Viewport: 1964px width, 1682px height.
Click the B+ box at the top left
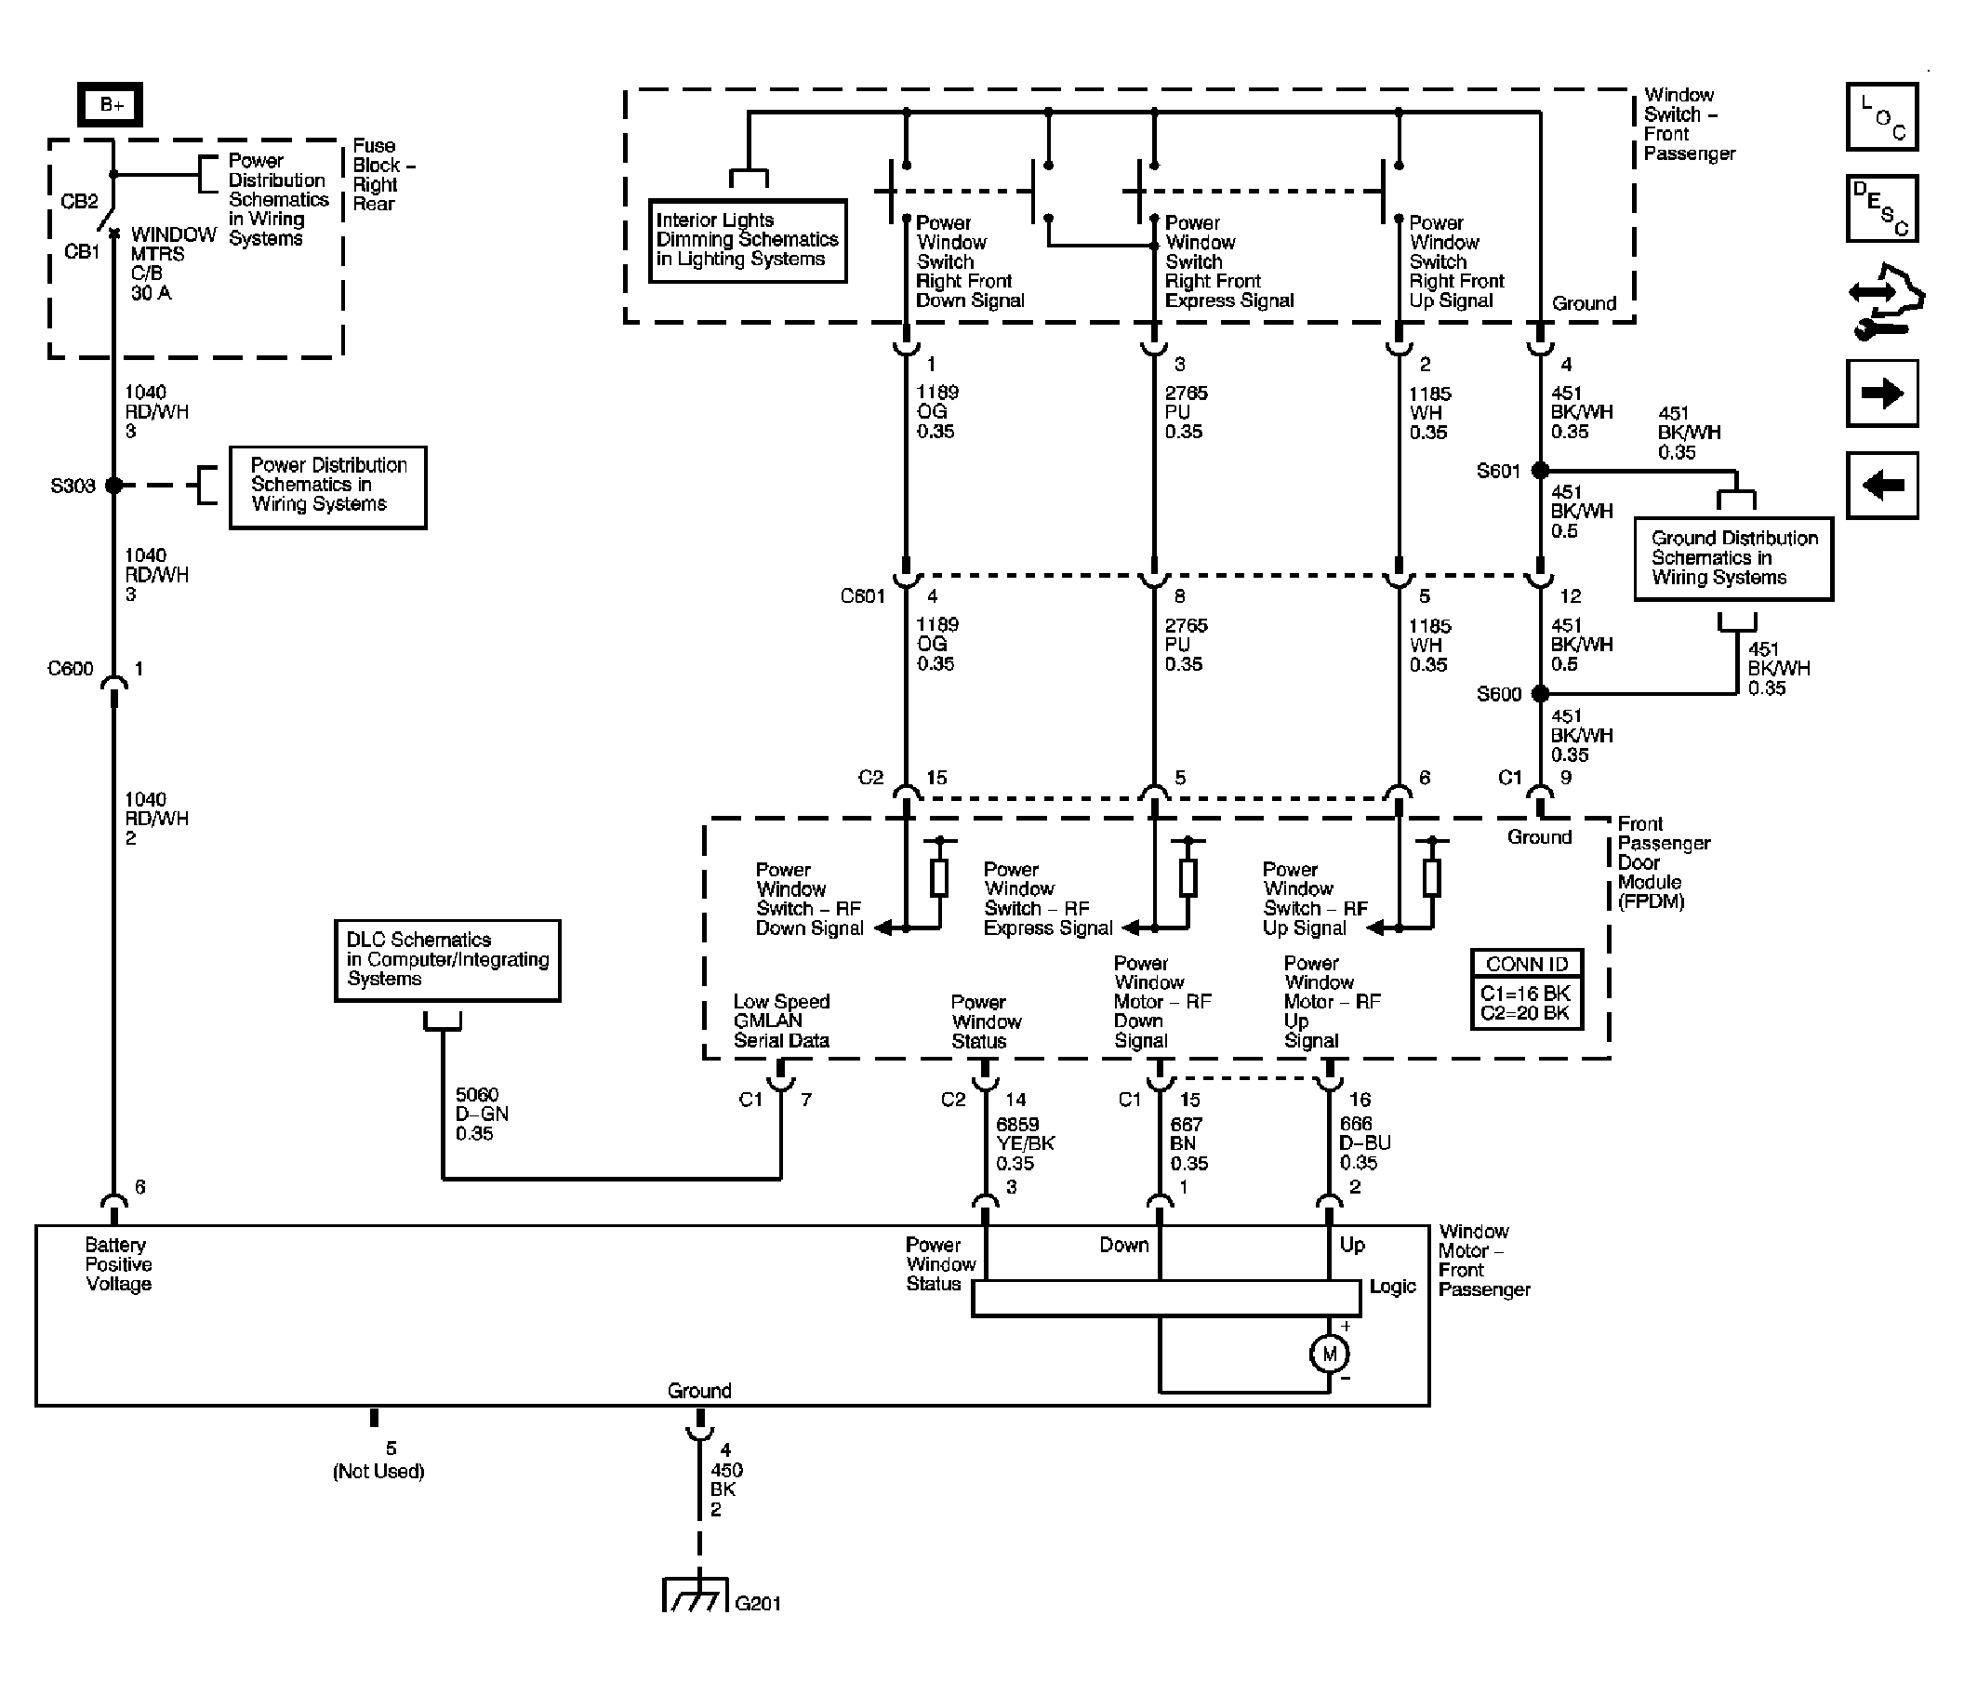pos(110,104)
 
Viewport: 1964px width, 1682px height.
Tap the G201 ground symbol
pos(696,1594)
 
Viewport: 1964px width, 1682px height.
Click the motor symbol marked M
pos(1329,1354)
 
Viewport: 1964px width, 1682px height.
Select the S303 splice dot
pos(113,486)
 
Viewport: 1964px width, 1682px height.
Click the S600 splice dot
pos(1540,694)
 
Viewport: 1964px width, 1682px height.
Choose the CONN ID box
pos(1526,989)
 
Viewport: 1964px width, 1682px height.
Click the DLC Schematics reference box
pos(447,960)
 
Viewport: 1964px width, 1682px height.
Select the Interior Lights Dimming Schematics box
pos(748,241)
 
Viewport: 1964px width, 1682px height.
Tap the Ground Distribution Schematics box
pos(1733,558)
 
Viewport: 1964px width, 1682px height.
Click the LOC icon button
pos(1882,116)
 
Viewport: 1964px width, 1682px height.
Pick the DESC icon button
pos(1882,208)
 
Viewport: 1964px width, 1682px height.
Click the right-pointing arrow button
pos(1882,394)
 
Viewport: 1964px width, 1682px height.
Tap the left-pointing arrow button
pos(1882,486)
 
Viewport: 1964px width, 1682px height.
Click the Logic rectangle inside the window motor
pos(1166,1299)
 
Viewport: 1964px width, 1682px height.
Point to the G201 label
pos(758,1603)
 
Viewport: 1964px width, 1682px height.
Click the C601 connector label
pos(863,596)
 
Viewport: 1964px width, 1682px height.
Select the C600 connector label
pos(71,669)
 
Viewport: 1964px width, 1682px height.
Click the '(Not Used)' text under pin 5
pos(378,1472)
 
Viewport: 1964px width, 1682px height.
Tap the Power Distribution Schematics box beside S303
pos(328,487)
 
